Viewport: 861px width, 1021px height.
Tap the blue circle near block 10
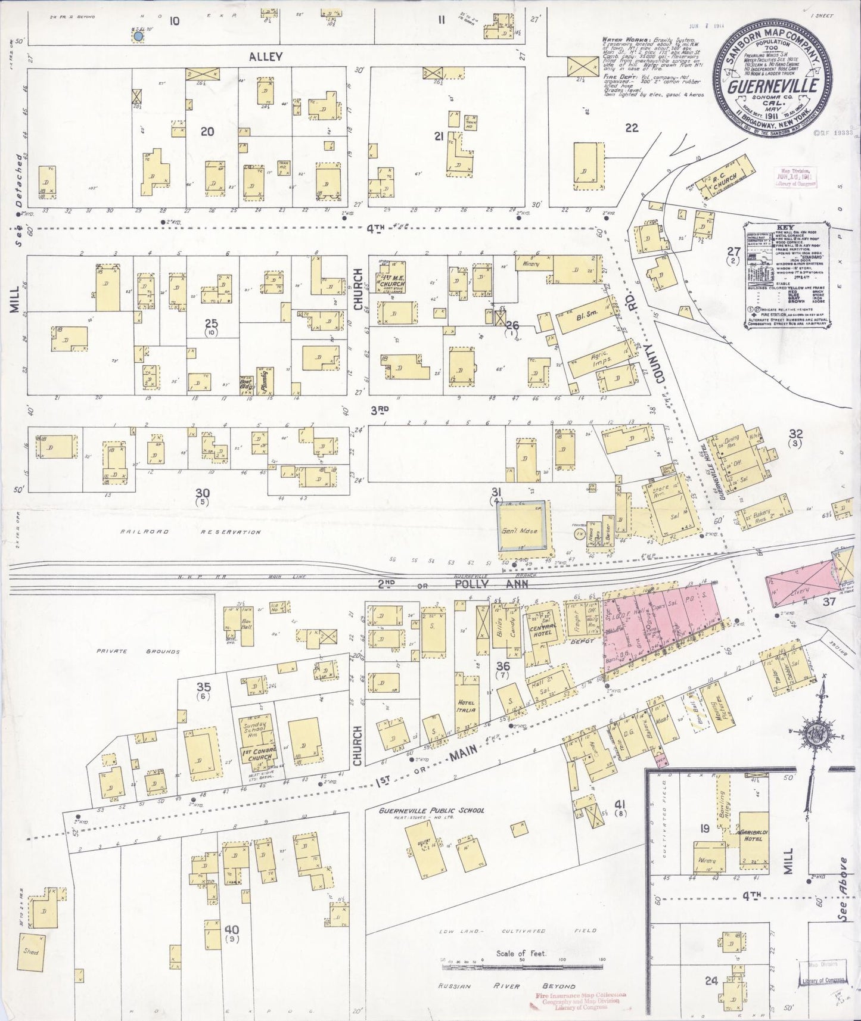(138, 37)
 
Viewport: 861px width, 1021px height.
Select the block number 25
(211, 323)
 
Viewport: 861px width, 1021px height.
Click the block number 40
(231, 930)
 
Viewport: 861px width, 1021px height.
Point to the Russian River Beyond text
(506, 986)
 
